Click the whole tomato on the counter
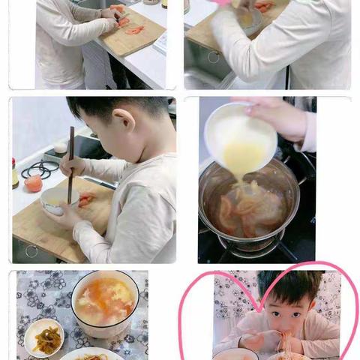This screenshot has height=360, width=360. coord(33,183)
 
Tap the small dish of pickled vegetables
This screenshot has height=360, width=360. coord(43,338)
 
